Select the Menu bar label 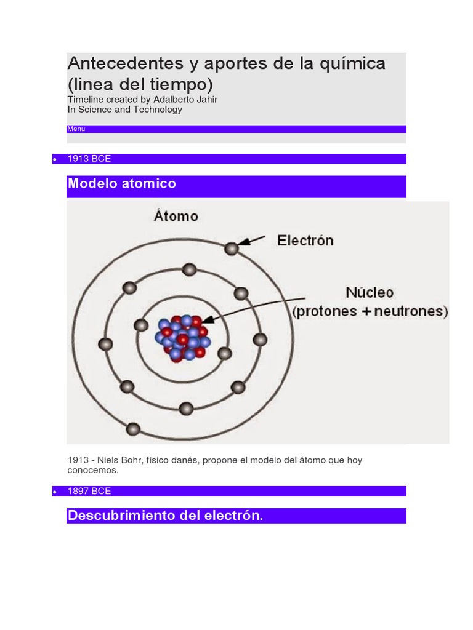76,129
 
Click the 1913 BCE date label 89,159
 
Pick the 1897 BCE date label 89,491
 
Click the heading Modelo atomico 122,183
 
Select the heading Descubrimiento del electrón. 165,516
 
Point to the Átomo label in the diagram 176,217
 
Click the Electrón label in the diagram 305,241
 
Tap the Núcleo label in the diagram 370,292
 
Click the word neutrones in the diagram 411,311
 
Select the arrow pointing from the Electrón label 253,241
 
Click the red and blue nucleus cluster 182,338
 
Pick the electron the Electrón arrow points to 232,249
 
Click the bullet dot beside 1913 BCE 55,160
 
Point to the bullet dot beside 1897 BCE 55,492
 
